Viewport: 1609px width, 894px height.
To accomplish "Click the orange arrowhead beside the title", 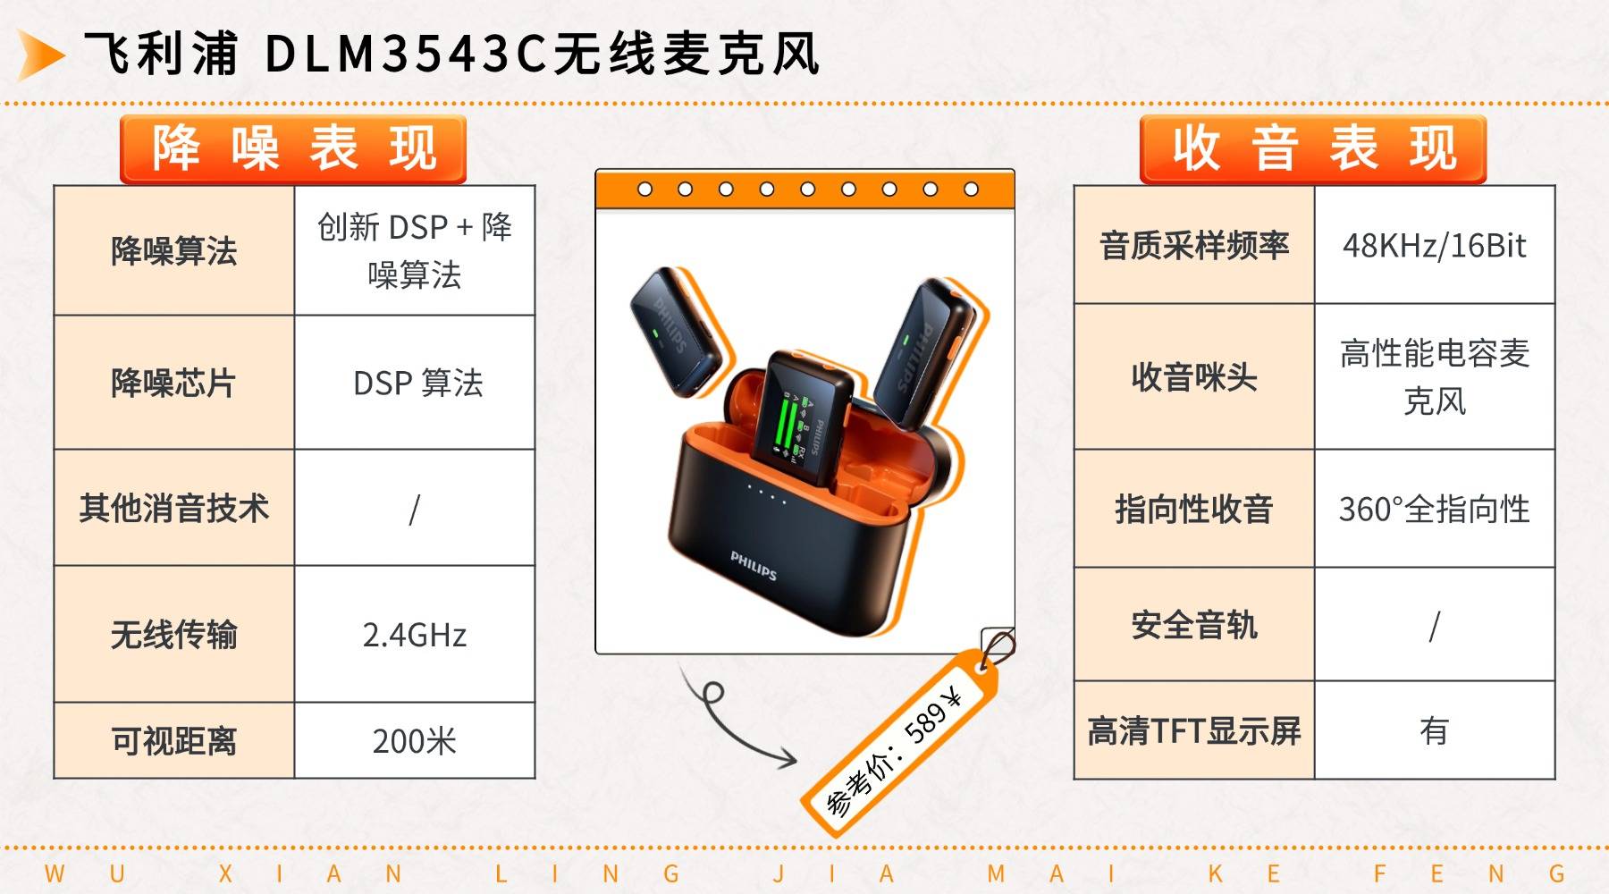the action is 39,55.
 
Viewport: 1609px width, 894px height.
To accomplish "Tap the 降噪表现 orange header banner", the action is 293,149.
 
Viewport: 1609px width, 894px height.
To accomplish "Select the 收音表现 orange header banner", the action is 1312,149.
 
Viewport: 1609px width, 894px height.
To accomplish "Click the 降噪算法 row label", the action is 174,251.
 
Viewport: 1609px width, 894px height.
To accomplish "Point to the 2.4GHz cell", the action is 415,635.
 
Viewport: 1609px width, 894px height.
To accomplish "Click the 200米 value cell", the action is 415,741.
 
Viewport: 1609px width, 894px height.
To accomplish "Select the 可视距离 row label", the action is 174,741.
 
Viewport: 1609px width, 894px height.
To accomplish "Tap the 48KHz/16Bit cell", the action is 1434,246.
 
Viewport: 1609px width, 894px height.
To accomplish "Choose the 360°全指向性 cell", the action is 1434,510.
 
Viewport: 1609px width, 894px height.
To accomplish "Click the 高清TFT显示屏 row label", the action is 1194,731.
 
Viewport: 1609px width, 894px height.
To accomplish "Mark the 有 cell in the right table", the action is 1434,731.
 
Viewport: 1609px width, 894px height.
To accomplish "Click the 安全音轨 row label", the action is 1194,626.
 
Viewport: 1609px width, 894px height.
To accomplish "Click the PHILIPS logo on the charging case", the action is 754,565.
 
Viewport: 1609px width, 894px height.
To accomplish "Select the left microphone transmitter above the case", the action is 676,332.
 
